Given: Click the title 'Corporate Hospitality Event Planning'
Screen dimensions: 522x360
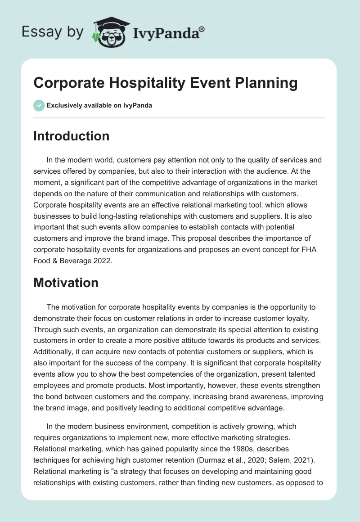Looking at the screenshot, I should click(x=166, y=83).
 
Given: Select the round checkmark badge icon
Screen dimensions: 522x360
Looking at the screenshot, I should click(x=39, y=105).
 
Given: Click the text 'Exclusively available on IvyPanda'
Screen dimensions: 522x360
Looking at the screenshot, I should click(x=99, y=105).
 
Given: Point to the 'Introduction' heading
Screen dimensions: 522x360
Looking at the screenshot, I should click(x=71, y=136).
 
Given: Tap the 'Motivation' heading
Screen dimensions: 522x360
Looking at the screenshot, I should click(x=66, y=283).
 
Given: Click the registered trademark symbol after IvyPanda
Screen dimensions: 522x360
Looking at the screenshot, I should click(x=202, y=28).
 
